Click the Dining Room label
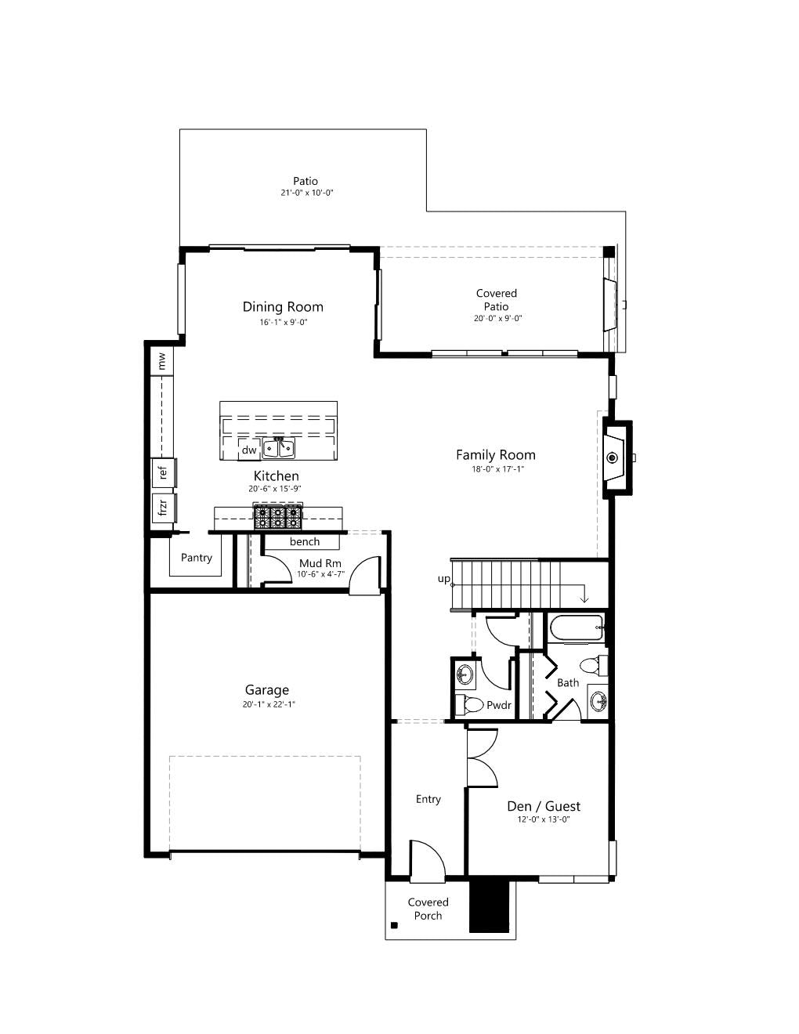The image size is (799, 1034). click(283, 307)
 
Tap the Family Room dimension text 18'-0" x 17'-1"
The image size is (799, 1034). click(497, 469)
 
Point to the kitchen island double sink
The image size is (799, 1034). click(279, 448)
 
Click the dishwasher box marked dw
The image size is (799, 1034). click(249, 450)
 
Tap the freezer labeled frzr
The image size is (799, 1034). click(164, 508)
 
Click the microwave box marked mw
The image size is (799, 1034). click(162, 362)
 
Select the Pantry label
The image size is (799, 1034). click(197, 558)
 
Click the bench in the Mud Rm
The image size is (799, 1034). click(302, 542)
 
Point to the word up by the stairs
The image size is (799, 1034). click(443, 579)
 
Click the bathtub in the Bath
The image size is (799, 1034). click(577, 628)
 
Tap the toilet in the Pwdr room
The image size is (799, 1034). click(469, 705)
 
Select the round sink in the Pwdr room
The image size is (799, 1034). click(465, 674)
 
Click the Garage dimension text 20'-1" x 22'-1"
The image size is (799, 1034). click(269, 704)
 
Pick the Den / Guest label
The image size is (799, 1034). click(544, 805)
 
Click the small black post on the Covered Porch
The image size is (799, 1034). click(394, 925)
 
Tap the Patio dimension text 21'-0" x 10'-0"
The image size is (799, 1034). click(306, 193)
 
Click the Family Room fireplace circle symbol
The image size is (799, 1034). click(612, 457)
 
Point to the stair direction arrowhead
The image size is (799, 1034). click(584, 599)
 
